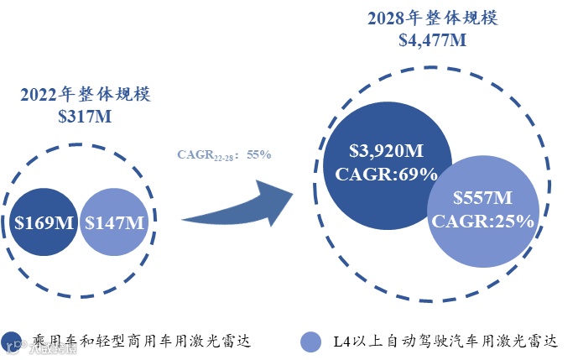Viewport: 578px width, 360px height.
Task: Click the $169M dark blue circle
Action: (44, 222)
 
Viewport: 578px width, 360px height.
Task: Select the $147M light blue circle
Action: (114, 222)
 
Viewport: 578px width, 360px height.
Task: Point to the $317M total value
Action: (85, 116)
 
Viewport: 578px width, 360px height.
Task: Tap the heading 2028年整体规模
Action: (432, 18)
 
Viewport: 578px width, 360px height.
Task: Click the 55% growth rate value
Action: (258, 154)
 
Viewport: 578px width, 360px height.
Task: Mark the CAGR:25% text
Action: (482, 221)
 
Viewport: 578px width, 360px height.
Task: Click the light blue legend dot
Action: (311, 342)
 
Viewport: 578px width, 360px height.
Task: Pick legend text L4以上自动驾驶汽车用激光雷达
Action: (445, 342)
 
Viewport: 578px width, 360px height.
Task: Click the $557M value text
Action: (482, 199)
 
